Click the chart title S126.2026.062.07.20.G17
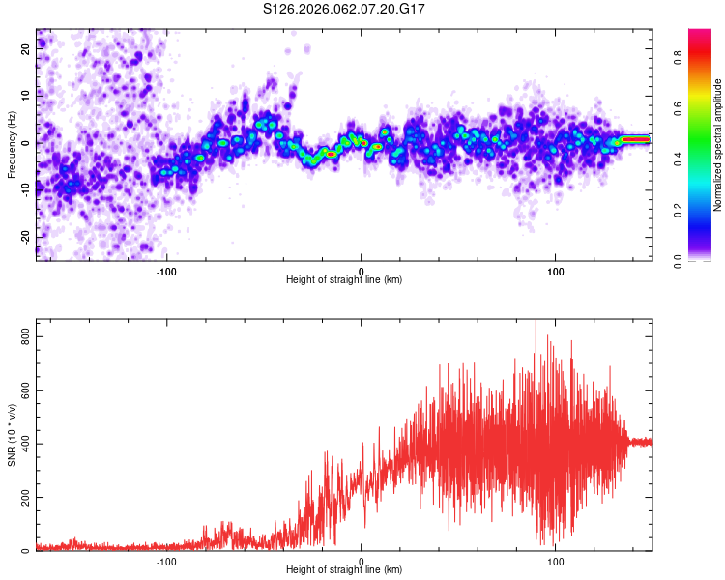point(359,9)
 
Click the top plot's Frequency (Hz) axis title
point(12,145)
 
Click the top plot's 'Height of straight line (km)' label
point(344,280)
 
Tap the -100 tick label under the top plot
point(166,271)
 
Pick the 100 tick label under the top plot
point(556,271)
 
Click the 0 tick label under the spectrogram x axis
point(361,271)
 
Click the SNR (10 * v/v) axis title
point(12,435)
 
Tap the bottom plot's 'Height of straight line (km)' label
point(344,570)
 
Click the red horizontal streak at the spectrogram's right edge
point(633,139)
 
